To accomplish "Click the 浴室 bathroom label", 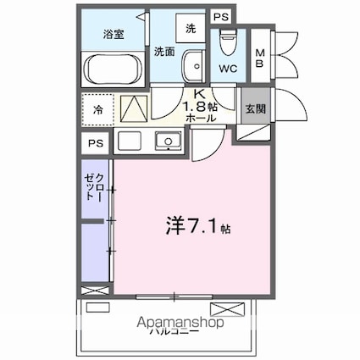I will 114,35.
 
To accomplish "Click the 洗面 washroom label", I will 165,52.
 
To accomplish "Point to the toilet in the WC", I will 227,40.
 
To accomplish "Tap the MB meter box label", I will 260,56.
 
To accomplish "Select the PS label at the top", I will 220,16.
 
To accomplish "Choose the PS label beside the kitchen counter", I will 95,144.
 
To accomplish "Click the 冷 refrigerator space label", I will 98,109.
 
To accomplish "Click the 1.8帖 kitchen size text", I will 201,108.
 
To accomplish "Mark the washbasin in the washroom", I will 195,65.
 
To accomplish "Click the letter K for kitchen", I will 200,95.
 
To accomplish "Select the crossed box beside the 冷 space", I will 132,108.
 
